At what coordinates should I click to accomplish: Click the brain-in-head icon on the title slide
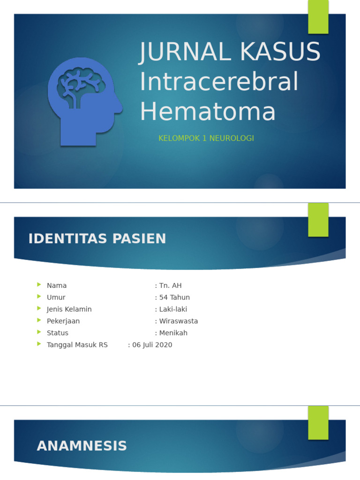click(x=84, y=101)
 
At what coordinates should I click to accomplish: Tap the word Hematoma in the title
click(x=208, y=112)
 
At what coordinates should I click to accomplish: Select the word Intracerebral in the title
click(x=219, y=82)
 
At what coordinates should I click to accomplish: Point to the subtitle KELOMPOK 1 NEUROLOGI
click(x=206, y=138)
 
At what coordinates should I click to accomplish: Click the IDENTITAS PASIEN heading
click(x=97, y=239)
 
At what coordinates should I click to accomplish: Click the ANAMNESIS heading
click(x=82, y=446)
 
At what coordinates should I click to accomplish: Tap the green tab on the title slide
click(x=318, y=17)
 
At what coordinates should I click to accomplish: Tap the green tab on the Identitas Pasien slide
click(x=318, y=220)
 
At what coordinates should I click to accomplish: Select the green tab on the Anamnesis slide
click(x=318, y=422)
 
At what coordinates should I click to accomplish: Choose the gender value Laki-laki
click(x=173, y=309)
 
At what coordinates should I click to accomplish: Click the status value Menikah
click(x=173, y=333)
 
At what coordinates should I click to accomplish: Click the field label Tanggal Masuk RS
click(x=77, y=345)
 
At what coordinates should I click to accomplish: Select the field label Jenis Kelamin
click(x=69, y=309)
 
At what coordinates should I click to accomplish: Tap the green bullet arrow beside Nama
click(x=39, y=285)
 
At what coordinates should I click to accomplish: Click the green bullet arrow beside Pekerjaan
click(x=39, y=321)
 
